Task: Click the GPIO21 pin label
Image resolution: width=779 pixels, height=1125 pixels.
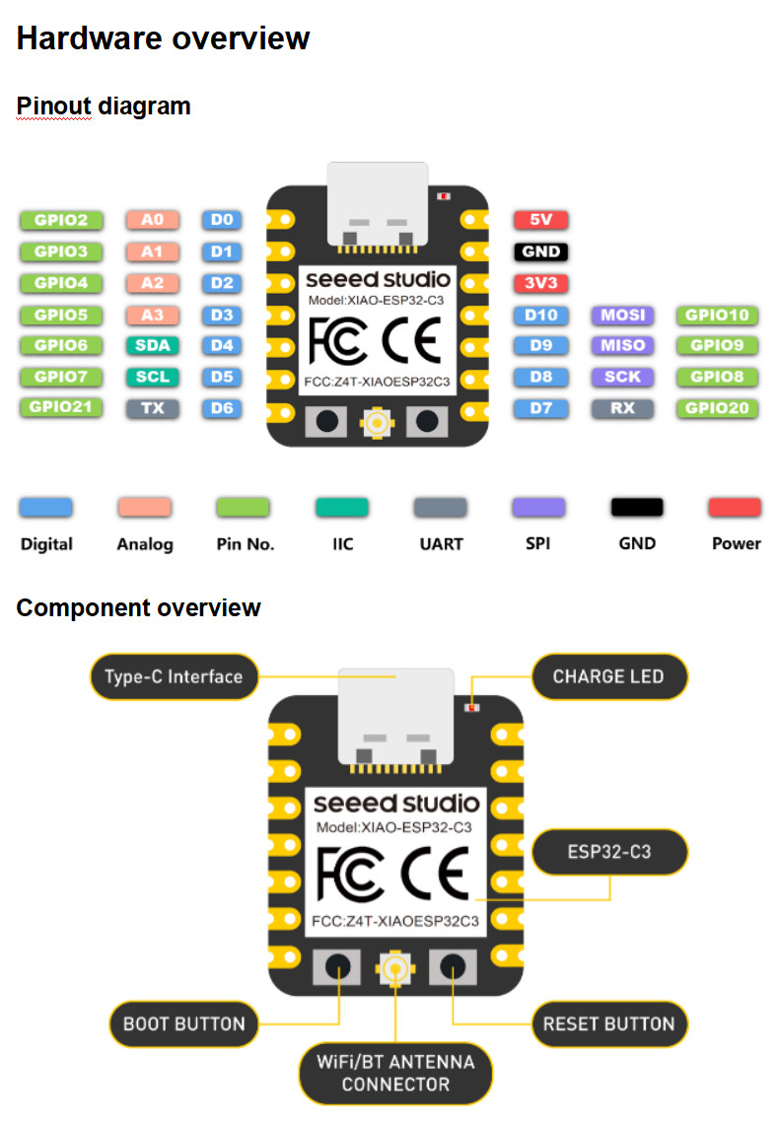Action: tap(60, 407)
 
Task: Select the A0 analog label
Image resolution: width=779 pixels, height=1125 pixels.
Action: tap(152, 220)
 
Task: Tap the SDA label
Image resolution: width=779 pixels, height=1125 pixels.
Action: tap(152, 345)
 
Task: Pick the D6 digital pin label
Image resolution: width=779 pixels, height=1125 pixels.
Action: tap(222, 407)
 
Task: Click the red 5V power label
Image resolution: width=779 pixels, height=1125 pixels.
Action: tap(540, 220)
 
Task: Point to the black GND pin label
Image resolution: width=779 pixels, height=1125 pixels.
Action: tap(540, 251)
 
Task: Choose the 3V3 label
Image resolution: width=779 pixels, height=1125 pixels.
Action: tap(540, 284)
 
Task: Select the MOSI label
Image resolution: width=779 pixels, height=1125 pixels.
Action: tap(623, 316)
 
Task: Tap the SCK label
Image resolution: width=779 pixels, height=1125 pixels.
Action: tap(623, 377)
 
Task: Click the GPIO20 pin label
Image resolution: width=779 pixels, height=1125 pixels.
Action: tap(716, 407)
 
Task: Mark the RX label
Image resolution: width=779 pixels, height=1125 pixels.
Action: tap(623, 407)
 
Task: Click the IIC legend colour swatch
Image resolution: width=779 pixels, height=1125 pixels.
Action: tap(342, 508)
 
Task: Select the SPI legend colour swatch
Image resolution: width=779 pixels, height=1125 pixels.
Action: tap(538, 508)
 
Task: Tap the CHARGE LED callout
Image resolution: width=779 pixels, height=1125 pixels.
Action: tap(607, 676)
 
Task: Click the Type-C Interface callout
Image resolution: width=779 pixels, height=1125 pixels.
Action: tap(174, 676)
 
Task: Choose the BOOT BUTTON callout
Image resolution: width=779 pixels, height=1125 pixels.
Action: tap(183, 1023)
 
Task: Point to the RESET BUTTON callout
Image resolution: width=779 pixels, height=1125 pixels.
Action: tap(608, 1023)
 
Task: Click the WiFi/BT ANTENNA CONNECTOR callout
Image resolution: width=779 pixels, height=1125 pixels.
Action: tap(395, 1073)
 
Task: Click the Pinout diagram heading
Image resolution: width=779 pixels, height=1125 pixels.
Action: tap(104, 105)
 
